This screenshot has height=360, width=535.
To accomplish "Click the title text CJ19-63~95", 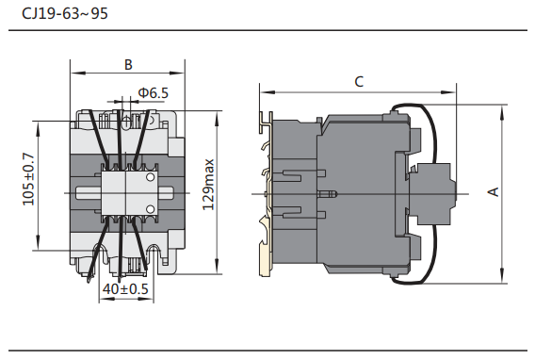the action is pyautogui.click(x=65, y=13).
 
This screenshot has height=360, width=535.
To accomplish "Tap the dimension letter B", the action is pyautogui.click(x=128, y=64).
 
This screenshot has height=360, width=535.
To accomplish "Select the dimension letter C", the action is pyautogui.click(x=359, y=82).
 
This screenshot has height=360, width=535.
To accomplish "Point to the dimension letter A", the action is pyautogui.click(x=493, y=191).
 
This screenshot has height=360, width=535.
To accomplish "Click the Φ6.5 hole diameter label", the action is pyautogui.click(x=154, y=92).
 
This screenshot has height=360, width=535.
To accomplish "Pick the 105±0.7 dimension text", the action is pyautogui.click(x=28, y=179).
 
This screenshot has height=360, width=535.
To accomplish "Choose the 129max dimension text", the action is pyautogui.click(x=208, y=185).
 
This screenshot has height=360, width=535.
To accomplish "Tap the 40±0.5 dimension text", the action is pyautogui.click(x=125, y=289).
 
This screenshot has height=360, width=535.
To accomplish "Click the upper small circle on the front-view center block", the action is pyautogui.click(x=150, y=177).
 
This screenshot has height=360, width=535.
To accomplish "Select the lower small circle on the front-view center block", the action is pyautogui.click(x=150, y=209).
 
